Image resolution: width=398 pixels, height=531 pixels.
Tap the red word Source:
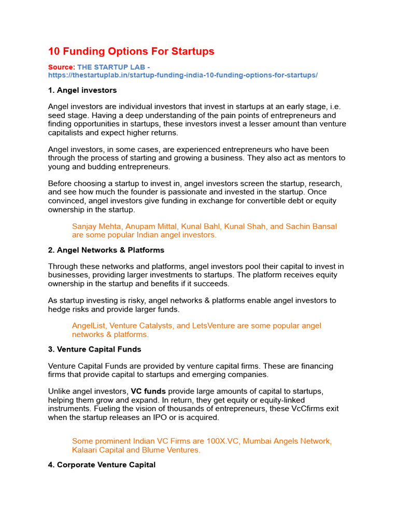61,67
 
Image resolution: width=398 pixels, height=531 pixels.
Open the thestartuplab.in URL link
182,75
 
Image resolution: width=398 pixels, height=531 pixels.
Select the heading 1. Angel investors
82,90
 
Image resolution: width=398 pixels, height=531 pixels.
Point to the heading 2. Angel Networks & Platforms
106,250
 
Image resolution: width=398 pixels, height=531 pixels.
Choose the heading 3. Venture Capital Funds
94,349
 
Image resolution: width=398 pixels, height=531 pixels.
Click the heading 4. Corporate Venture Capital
102,465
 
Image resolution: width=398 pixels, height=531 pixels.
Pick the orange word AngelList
89,326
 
